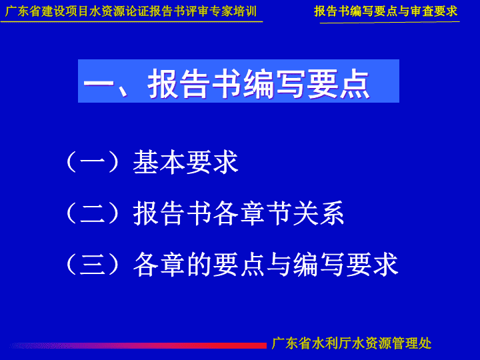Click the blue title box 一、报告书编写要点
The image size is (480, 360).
(x=239, y=81)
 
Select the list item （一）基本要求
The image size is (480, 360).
(x=152, y=162)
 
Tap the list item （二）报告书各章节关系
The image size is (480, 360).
(x=205, y=213)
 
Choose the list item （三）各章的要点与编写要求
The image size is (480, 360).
(x=232, y=265)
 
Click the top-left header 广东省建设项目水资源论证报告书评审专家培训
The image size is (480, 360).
(x=131, y=11)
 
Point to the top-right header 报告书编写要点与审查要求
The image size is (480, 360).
(x=386, y=11)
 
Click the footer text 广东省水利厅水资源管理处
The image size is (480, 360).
(x=351, y=343)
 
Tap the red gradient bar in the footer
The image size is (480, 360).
(x=138, y=345)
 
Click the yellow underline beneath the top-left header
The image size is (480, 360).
(x=131, y=22)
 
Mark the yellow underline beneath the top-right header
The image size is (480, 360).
(x=390, y=23)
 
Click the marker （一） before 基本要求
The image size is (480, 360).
(x=93, y=162)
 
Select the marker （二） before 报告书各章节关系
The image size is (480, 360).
(x=93, y=213)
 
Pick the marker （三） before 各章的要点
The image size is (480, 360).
(x=93, y=265)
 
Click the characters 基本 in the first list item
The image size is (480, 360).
(x=159, y=162)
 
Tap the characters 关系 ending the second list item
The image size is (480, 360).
(x=319, y=213)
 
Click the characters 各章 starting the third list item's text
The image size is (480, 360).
(x=159, y=265)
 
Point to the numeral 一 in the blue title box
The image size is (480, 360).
(x=99, y=83)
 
